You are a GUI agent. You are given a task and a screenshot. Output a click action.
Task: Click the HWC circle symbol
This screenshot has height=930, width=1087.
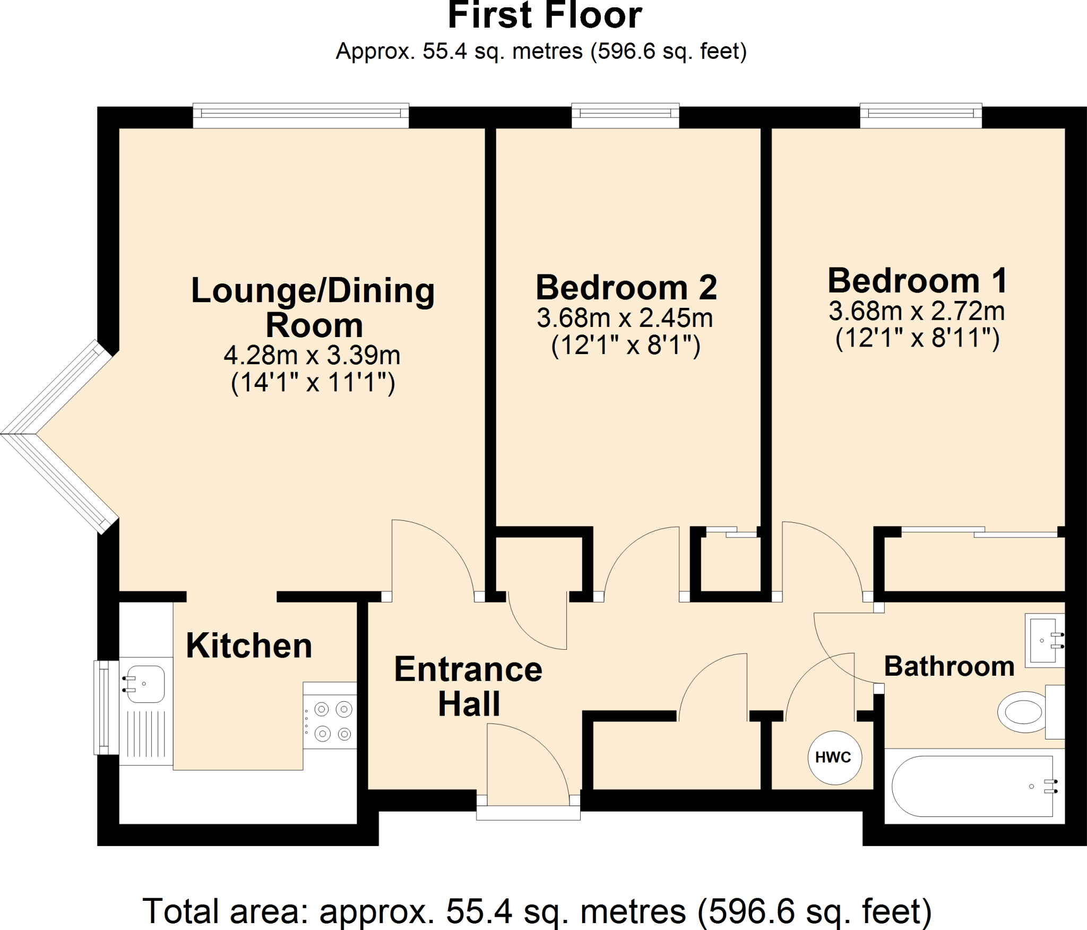coord(834,757)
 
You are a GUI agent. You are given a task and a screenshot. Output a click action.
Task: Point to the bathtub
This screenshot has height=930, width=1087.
coord(972,786)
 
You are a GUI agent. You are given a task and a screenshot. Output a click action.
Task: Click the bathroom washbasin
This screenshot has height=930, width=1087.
coord(1043,640)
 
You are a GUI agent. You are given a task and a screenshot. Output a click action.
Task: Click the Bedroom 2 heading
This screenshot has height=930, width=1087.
coord(626,288)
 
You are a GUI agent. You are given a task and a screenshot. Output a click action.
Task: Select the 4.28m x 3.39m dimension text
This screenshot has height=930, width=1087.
coord(312,355)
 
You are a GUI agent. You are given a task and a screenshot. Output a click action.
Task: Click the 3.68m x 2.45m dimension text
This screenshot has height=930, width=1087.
coord(625,318)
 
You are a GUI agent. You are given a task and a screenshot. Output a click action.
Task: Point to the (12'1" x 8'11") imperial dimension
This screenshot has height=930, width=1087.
coord(917,338)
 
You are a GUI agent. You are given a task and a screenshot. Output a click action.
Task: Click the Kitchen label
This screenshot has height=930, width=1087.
coord(249,646)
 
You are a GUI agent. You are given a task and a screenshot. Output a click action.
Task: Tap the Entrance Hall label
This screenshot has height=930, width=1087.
coord(468,686)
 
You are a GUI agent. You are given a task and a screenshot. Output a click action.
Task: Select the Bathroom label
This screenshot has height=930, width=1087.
coord(949,666)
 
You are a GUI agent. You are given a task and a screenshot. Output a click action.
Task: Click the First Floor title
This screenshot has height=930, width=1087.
coord(545,16)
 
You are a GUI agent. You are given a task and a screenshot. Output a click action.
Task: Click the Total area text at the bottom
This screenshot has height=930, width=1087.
coord(537,911)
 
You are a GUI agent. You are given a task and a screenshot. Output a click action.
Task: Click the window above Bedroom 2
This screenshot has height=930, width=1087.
coord(625,115)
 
